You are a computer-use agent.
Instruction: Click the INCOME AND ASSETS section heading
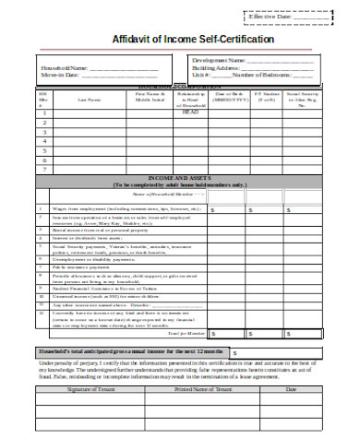tap(178, 179)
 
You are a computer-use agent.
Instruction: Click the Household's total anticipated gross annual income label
tap(129, 352)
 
